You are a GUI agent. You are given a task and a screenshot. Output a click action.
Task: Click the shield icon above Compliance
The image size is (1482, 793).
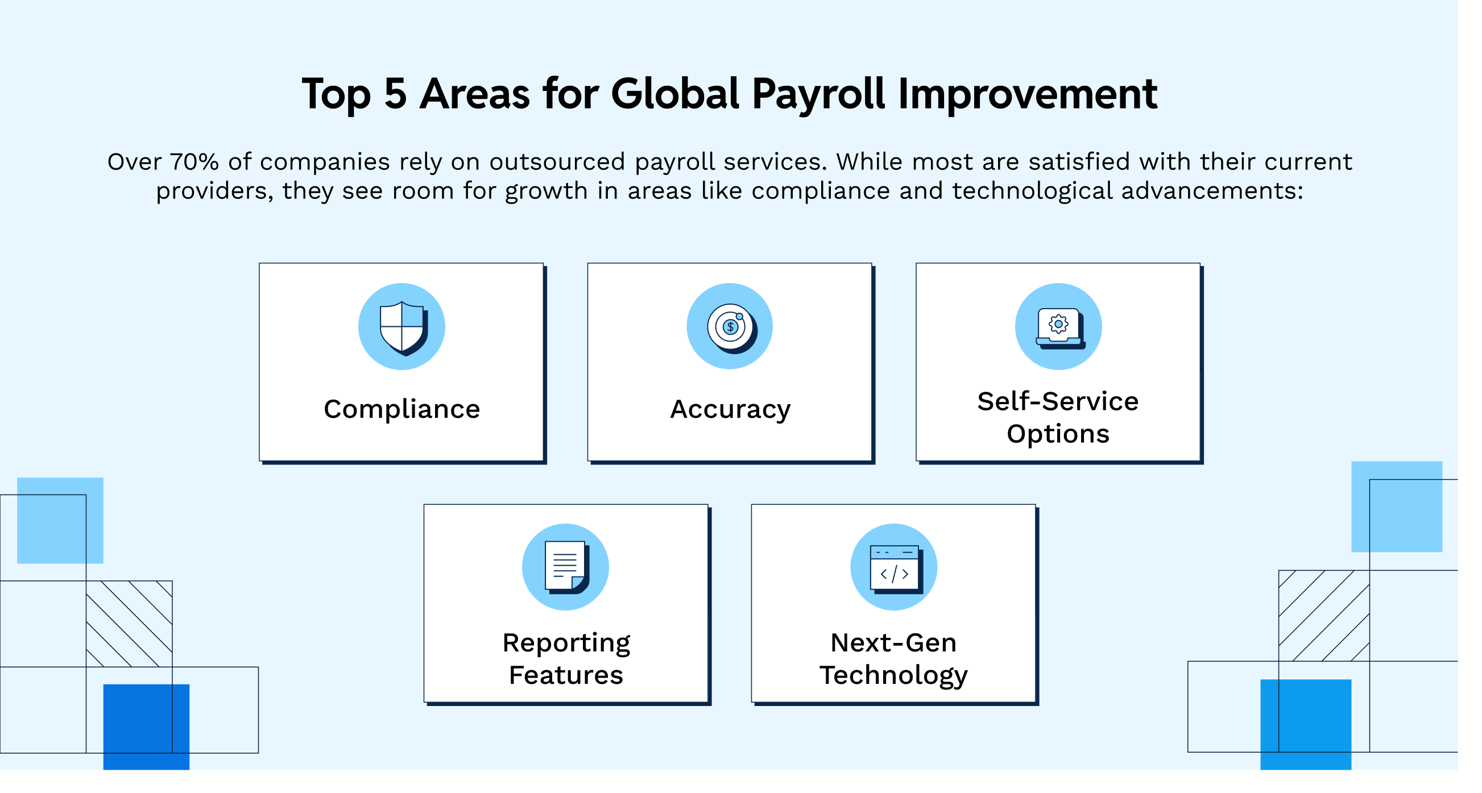(x=402, y=327)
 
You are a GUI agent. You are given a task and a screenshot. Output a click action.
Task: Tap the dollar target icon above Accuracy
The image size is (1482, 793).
(x=730, y=327)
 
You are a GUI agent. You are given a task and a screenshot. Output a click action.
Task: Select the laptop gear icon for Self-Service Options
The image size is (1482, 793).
(x=1058, y=327)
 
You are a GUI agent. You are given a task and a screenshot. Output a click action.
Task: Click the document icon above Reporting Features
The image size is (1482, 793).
(x=565, y=567)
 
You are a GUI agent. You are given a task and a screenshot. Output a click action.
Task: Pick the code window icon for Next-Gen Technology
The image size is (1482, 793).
(x=894, y=567)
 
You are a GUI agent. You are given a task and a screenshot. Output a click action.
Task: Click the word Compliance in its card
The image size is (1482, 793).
(x=401, y=409)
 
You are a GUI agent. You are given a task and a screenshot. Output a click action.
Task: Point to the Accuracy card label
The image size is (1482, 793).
(x=730, y=409)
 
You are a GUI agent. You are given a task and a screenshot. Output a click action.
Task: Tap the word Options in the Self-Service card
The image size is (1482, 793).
(x=1057, y=434)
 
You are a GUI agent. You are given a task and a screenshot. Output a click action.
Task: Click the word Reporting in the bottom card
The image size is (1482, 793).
(x=566, y=643)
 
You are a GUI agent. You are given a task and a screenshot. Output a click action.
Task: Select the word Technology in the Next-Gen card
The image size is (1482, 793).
(x=893, y=675)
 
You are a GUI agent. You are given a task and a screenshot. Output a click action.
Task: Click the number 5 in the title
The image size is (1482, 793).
(x=395, y=94)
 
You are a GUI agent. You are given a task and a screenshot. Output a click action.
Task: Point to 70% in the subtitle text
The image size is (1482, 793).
(x=194, y=162)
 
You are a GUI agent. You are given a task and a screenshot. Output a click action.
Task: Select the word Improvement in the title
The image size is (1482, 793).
(x=1028, y=94)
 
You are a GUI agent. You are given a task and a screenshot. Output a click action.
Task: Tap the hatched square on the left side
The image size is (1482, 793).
(x=129, y=624)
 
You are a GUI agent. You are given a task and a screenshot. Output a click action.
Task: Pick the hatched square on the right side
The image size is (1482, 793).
(x=1324, y=615)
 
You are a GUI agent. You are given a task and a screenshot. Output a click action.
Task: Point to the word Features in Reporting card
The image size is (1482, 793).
(x=565, y=675)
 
